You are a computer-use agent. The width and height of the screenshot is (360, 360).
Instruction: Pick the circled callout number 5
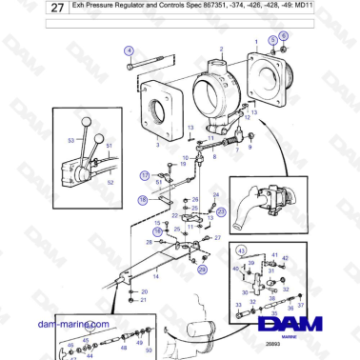[271, 39]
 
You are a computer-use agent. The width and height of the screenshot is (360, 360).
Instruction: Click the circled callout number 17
[145, 175]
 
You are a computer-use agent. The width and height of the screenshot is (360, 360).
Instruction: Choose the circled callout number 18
[141, 200]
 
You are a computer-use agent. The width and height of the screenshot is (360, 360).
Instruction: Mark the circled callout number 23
[221, 211]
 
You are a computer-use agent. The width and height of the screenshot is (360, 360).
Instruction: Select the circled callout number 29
[202, 270]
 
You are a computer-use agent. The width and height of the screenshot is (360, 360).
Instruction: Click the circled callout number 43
[240, 250]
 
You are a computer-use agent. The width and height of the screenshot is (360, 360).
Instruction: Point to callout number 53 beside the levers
[70, 140]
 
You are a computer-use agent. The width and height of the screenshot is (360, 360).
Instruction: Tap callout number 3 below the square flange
[157, 148]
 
